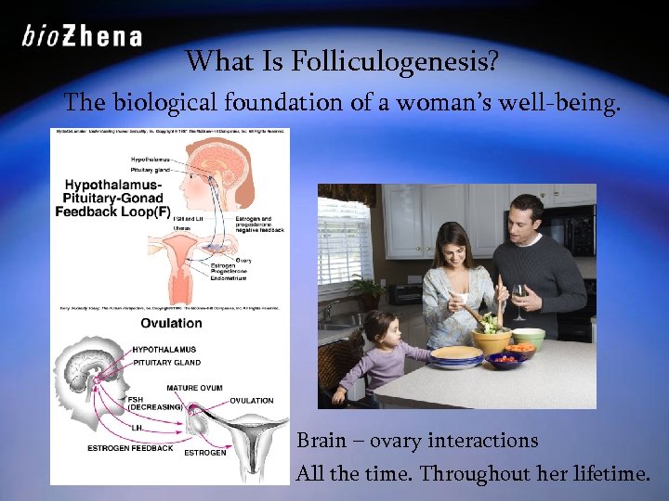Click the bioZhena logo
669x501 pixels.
pos(82,36)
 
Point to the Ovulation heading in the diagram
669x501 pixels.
pos(171,323)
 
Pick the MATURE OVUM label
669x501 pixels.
pos(194,387)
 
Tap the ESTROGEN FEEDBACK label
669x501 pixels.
pos(130,448)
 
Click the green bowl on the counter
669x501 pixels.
pos(528,336)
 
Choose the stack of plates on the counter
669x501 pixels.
pos(456,356)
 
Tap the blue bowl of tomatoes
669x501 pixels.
pos(509,359)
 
